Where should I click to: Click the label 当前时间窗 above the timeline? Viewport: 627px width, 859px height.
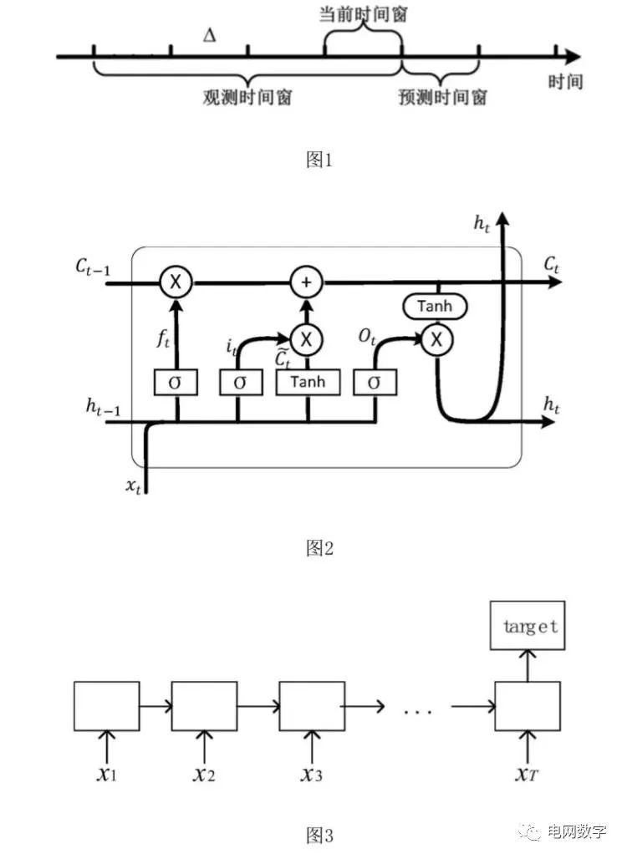tap(364, 15)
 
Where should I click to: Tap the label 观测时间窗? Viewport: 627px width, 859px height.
tap(248, 97)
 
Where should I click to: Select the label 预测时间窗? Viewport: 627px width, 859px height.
tap(442, 97)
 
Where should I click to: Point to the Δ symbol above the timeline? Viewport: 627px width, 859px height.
tap(209, 36)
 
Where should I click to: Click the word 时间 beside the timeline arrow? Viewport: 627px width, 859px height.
tap(564, 82)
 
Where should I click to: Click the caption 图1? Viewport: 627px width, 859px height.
tap(319, 160)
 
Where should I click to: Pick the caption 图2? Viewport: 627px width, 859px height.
tap(319, 548)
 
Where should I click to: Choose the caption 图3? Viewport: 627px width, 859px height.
tap(319, 834)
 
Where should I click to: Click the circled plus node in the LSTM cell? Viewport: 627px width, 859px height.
tap(307, 283)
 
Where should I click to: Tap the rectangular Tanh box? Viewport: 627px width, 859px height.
tap(309, 383)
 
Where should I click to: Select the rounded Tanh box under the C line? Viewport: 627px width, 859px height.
tap(435, 307)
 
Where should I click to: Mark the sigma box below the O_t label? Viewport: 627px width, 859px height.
tap(375, 383)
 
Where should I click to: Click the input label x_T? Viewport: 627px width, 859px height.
tap(527, 774)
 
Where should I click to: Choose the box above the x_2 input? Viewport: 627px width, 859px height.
tap(204, 707)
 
